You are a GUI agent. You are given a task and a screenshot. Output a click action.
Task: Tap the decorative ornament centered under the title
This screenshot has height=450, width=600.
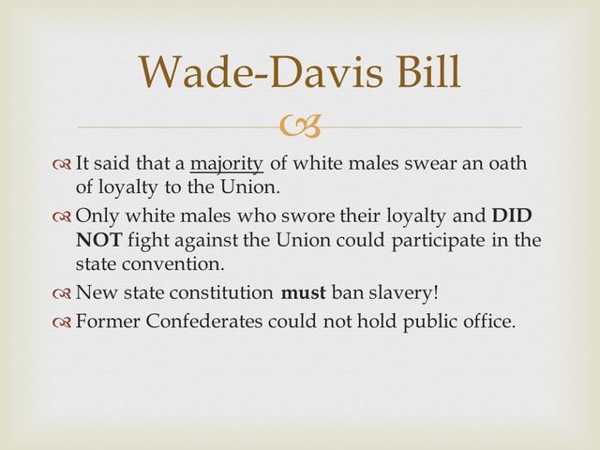click(300, 126)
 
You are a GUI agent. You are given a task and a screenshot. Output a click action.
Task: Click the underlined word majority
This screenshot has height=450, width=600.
click(227, 164)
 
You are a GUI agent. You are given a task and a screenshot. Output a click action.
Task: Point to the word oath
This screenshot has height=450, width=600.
click(507, 164)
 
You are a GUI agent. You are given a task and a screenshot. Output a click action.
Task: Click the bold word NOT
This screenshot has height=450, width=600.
click(94, 240)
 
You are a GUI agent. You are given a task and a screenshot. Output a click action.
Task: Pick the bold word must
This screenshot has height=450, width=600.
click(303, 293)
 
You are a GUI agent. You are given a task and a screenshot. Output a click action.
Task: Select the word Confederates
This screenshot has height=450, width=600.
click(211, 322)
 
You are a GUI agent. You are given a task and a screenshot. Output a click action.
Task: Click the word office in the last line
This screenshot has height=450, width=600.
click(489, 322)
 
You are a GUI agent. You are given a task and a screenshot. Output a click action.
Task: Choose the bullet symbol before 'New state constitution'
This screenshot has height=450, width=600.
click(62, 294)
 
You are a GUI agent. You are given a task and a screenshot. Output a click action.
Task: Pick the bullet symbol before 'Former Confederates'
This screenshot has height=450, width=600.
click(62, 322)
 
